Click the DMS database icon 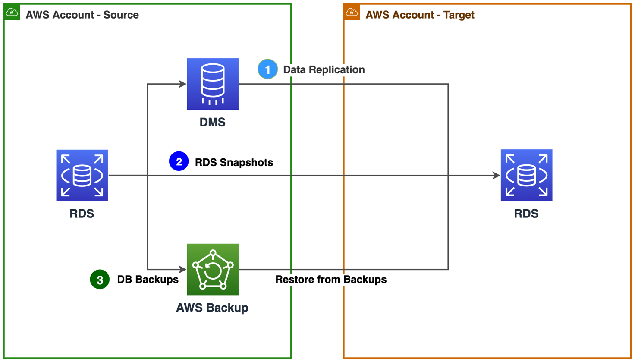[213, 84]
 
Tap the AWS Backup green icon [213, 269]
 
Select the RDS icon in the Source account [82, 175]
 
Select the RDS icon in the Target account [526, 175]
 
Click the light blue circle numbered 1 [267, 69]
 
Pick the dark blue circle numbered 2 [179, 161]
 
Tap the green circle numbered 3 [100, 280]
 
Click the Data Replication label [324, 69]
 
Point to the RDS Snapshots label [234, 162]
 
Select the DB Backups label [148, 280]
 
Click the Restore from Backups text [331, 280]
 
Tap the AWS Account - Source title [82, 15]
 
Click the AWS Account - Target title [420, 15]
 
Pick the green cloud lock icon [12, 12]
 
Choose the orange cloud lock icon [352, 12]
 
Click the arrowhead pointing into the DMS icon [182, 84]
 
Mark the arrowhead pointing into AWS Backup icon [182, 269]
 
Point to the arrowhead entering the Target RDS [496, 176]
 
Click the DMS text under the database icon [212, 122]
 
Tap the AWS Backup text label [212, 308]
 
